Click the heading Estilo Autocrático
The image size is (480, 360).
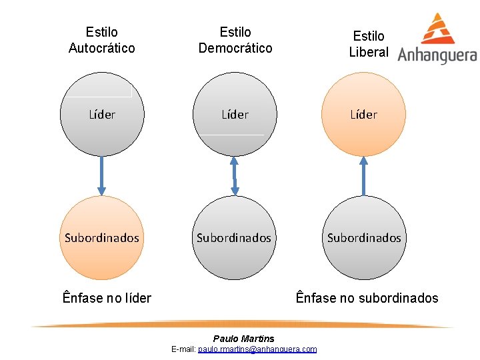[101, 40]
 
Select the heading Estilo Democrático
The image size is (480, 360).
[235, 40]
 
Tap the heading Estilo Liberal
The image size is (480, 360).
[369, 43]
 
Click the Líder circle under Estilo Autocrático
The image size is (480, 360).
[101, 114]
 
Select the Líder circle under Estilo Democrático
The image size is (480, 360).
[235, 114]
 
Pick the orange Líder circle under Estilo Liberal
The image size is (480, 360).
[363, 114]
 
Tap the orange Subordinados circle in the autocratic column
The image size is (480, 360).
[101, 237]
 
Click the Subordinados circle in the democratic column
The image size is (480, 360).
[235, 237]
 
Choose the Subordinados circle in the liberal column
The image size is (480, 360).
[364, 237]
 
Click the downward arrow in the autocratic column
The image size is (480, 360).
[101, 175]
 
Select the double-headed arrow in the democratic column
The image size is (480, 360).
[235, 175]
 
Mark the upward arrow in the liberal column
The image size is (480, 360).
[363, 175]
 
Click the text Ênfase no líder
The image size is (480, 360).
[107, 298]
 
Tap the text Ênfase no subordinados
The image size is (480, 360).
[367, 298]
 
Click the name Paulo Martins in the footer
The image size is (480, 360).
[243, 339]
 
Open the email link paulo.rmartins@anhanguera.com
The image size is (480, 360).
[257, 349]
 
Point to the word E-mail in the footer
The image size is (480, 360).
[183, 349]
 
